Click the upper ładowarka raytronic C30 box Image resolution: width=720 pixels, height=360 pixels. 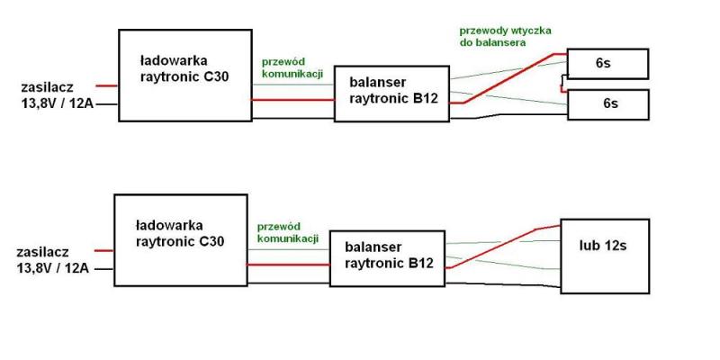(185, 75)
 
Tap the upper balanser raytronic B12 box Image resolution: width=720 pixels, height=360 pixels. (391, 94)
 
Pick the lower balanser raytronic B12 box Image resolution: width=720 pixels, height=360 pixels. (386, 257)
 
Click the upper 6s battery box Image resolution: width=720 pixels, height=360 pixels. (607, 64)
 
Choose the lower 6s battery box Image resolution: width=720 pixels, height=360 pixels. (607, 104)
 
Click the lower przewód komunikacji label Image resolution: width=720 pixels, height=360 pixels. (287, 232)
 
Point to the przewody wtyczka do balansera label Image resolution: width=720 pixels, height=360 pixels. (504, 36)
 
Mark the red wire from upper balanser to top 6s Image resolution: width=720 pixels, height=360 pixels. (513, 77)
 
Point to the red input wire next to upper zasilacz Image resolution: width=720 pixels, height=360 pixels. (105, 86)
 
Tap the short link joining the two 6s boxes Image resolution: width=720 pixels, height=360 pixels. (562, 84)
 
